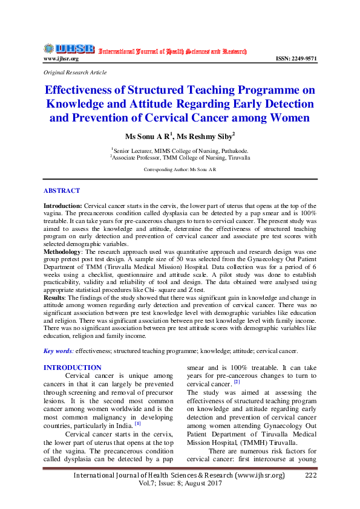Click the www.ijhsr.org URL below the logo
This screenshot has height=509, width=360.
[x=61, y=59]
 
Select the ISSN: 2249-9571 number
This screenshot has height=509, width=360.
[x=296, y=59]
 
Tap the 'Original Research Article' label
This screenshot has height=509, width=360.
[x=75, y=73]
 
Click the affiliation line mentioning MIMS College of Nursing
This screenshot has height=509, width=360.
[x=180, y=150]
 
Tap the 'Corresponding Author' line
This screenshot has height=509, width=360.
[x=180, y=170]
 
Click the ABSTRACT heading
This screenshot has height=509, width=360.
[x=62, y=190]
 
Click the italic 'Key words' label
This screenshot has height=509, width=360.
[x=59, y=351]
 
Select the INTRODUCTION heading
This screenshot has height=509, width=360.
[x=73, y=368]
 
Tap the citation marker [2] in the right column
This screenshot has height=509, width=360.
[x=237, y=382]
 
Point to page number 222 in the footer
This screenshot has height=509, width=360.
[x=311, y=476]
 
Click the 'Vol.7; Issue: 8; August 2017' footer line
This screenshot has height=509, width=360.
[x=180, y=485]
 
